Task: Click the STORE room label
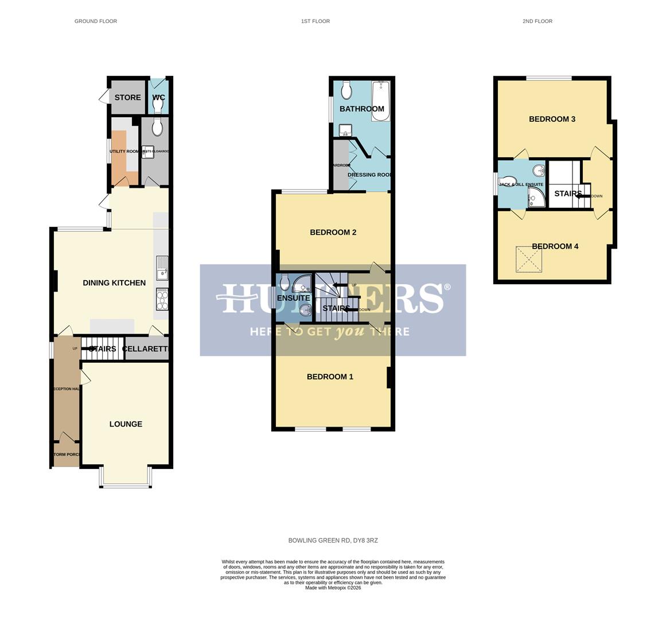[x=127, y=98]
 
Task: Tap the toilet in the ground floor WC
[x=158, y=106]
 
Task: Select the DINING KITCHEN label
[x=114, y=282]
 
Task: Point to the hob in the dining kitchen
[x=162, y=299]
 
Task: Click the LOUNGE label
[x=126, y=424]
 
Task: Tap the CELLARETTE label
[x=146, y=348]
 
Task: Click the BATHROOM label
[x=361, y=109]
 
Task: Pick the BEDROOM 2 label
[x=333, y=232]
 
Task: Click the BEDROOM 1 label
[x=330, y=377]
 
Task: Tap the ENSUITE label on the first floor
[x=293, y=298]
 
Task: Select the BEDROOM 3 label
[x=552, y=119]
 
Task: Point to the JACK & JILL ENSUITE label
[x=521, y=185]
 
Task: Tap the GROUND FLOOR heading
[x=96, y=21]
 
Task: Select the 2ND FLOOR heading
[x=537, y=21]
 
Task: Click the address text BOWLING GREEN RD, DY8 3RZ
[x=333, y=541]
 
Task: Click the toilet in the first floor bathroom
[x=346, y=90]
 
